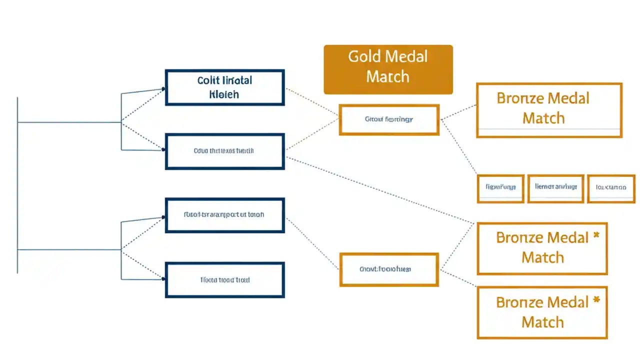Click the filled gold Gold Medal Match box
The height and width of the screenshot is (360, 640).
coord(388,69)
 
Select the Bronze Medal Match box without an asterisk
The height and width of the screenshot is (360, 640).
coord(548,110)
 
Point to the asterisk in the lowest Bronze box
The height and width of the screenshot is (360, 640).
coord(596,300)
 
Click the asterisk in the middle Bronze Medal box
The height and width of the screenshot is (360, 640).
coord(596,235)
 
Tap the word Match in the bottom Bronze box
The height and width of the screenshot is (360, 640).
coord(542,322)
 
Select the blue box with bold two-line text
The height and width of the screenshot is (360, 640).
coord(225,87)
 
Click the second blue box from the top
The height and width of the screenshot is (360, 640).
coord(225,151)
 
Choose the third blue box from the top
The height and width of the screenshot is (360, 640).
coord(225,215)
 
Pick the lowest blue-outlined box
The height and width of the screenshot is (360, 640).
coord(225,280)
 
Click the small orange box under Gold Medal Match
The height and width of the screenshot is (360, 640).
coord(388,119)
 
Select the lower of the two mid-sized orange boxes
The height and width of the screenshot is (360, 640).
coord(388,269)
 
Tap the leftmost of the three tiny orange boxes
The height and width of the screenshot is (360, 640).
coord(500,188)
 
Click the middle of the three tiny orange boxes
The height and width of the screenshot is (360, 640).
coord(555,188)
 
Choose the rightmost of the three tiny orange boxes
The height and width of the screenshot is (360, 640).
coord(610,188)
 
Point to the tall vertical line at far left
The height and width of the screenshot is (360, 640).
coord(17,185)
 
